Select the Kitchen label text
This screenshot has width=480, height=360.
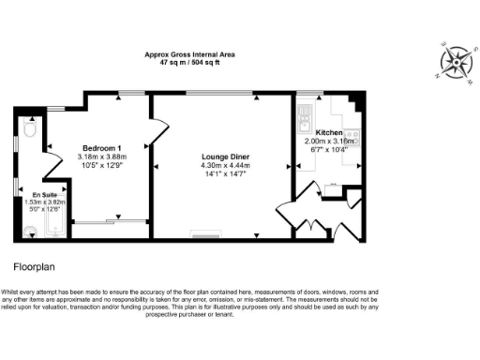coord(331,132)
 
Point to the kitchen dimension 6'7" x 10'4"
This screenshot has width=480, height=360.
coord(331,149)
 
